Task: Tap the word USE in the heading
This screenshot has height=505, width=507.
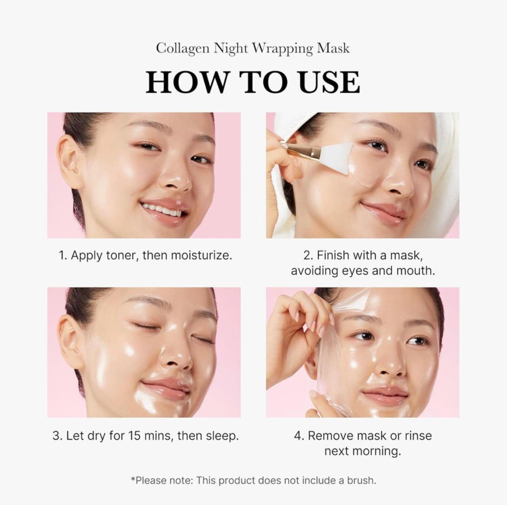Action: point(329,82)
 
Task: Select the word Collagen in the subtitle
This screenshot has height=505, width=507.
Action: point(182,48)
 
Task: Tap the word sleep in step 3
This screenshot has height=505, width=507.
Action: point(222,436)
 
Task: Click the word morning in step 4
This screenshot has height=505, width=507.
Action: point(375,451)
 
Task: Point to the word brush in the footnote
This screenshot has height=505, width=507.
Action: point(361,480)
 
